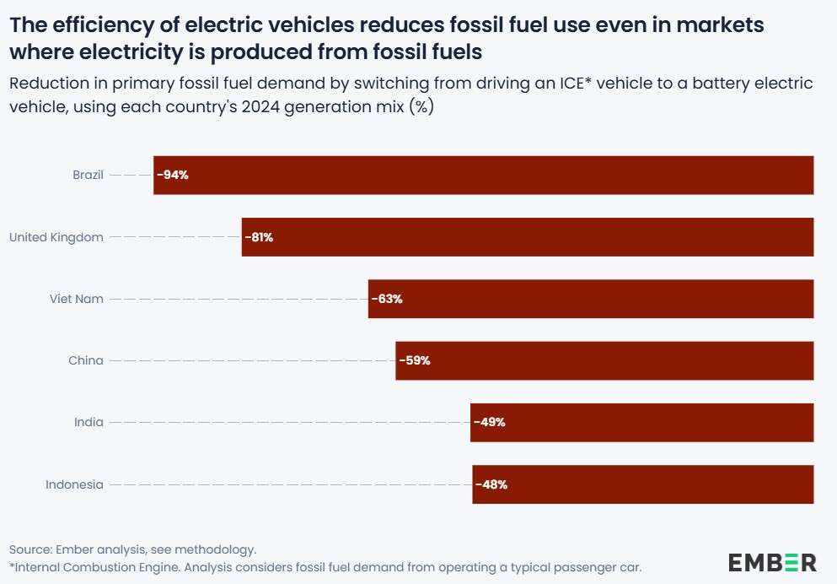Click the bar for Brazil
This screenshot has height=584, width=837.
click(x=483, y=175)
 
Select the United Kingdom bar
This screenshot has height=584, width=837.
click(x=527, y=237)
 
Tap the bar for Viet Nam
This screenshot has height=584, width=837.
click(x=590, y=299)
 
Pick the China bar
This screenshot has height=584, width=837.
click(x=604, y=360)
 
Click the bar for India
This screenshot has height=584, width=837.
click(x=641, y=422)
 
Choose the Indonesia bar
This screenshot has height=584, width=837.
click(x=642, y=484)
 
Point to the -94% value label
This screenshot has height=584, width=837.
click(x=172, y=176)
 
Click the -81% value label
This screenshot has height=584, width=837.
click(x=260, y=237)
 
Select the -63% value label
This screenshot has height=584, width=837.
click(x=387, y=299)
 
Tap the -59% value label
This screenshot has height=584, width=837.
click(x=415, y=360)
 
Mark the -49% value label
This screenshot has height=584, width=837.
click(x=490, y=422)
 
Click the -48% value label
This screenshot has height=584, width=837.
click(x=491, y=484)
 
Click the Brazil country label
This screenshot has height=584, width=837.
click(x=88, y=176)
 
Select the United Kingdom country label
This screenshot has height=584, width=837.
click(x=56, y=237)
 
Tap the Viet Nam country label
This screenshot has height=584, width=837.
click(x=77, y=299)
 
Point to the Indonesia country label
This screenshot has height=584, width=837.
click(x=74, y=484)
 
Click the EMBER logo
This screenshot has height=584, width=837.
click(x=772, y=562)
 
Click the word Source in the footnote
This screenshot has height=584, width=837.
click(x=27, y=549)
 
